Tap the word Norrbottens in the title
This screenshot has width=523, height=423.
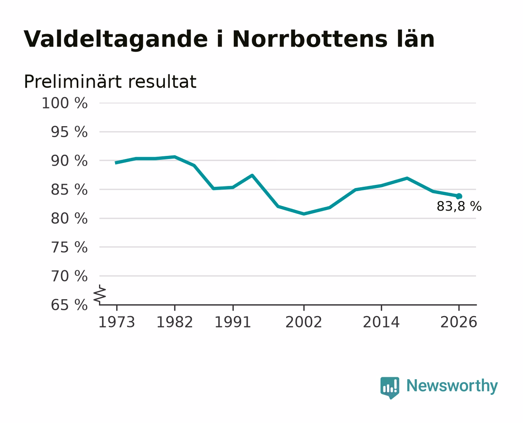309,39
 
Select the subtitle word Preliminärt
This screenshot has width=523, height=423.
73,81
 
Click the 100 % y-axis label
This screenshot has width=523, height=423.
65,103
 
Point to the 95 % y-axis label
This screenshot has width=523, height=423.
69,132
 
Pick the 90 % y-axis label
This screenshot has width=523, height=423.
69,161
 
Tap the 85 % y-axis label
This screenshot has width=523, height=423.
69,190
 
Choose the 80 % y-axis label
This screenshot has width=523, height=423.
69,219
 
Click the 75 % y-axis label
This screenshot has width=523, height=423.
69,248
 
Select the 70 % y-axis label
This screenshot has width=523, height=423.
69,277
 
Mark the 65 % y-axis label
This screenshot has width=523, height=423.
69,305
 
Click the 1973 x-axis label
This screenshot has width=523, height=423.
117,322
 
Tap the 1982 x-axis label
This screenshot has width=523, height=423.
175,322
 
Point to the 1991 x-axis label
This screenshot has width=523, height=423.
233,322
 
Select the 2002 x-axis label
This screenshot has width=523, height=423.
304,322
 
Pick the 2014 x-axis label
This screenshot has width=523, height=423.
381,322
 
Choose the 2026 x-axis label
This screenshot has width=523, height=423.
459,322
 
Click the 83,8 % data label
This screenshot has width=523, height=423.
459,206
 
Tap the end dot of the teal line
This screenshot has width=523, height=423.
459,196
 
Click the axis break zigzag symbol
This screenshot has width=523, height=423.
100,295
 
